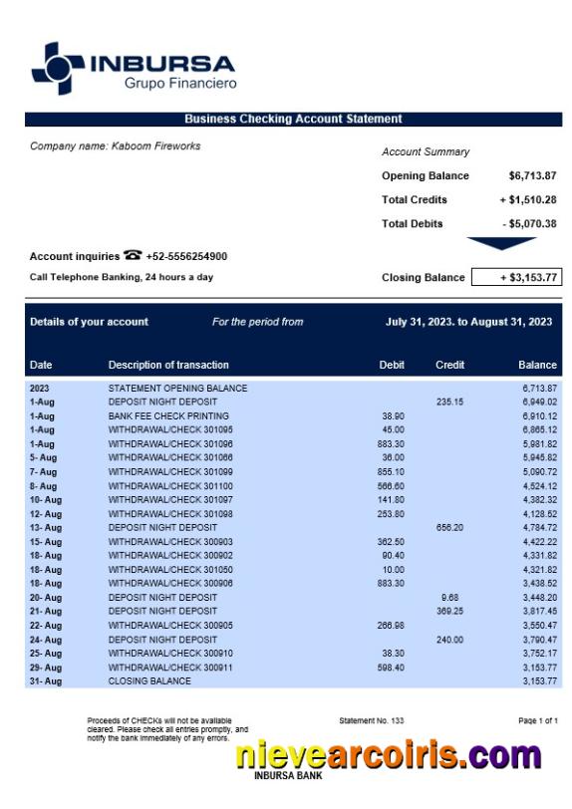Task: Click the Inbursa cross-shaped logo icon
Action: (58, 69)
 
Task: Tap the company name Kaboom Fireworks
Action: (115, 146)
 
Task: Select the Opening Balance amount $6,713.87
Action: (532, 176)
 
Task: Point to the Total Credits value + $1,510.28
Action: (527, 200)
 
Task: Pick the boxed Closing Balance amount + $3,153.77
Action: (515, 278)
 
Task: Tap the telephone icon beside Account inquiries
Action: (133, 256)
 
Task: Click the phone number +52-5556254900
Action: (186, 257)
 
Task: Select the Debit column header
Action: (392, 365)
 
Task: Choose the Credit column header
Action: (449, 365)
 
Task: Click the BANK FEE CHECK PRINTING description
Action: (168, 415)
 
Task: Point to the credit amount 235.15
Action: (449, 402)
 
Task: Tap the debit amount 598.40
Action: (392, 668)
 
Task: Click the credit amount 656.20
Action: (449, 528)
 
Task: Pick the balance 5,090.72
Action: (539, 471)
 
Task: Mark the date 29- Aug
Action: (45, 668)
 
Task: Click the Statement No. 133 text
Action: (372, 720)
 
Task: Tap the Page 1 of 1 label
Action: (538, 720)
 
